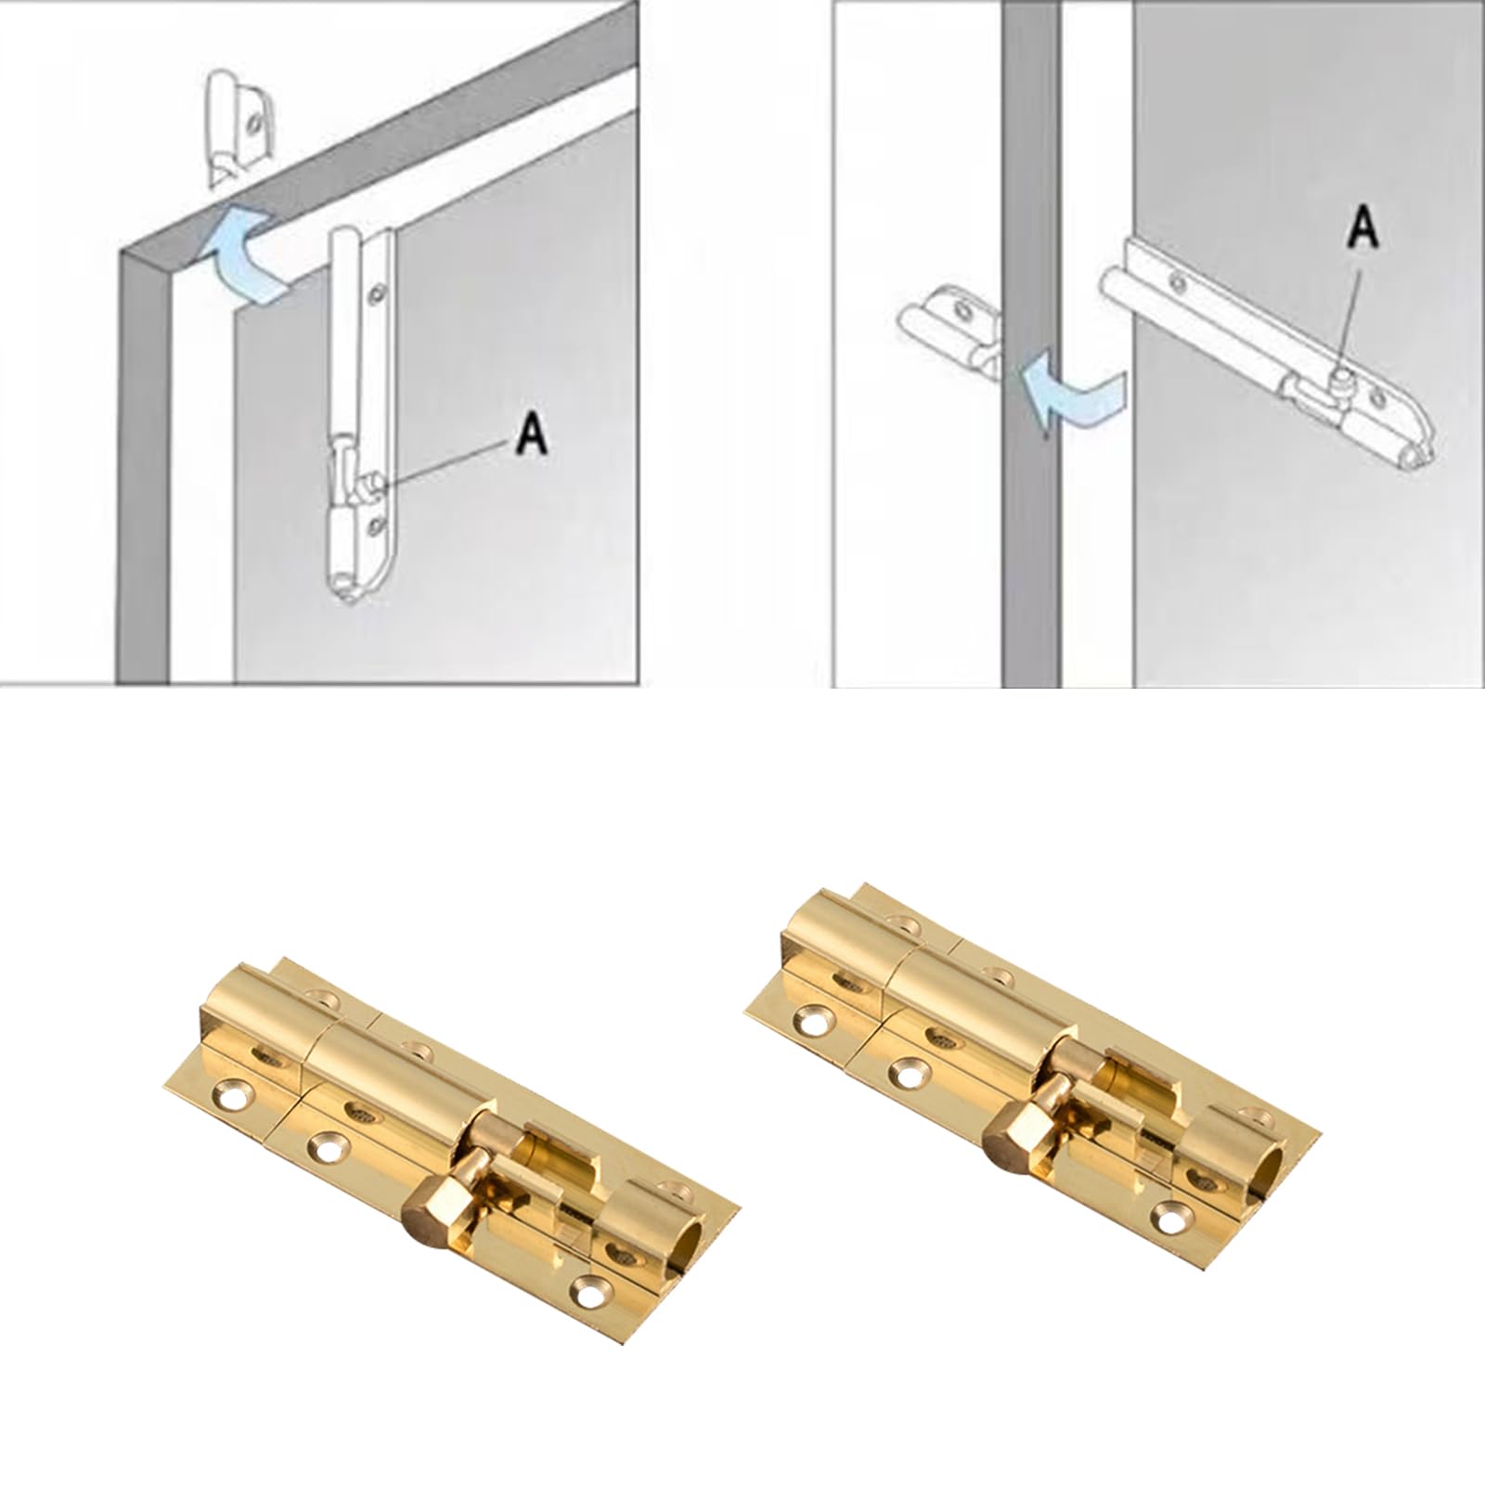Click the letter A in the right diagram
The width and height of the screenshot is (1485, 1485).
[x=1362, y=228]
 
